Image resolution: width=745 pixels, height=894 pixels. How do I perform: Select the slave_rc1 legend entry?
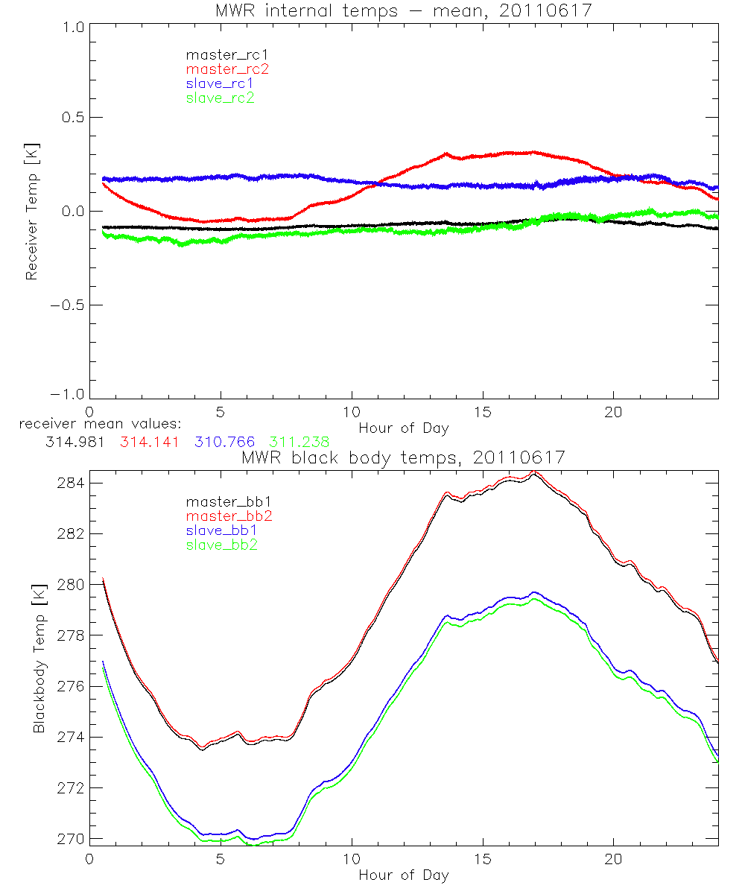pos(220,83)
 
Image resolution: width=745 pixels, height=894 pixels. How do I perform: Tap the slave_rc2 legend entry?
pos(220,98)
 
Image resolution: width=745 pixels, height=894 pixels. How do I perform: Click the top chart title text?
pos(404,10)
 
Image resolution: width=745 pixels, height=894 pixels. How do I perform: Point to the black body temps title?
pos(404,458)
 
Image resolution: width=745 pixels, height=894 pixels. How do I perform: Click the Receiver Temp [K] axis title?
pos(31,212)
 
